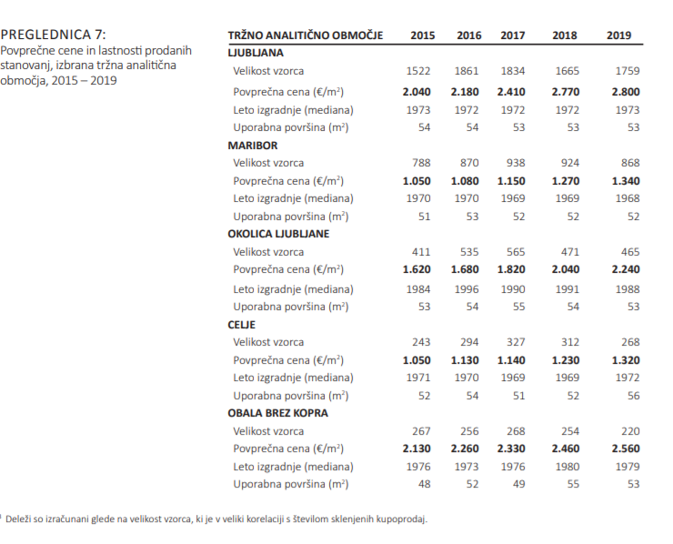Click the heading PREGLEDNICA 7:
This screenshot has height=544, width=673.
53,35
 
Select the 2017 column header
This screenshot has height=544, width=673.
513,35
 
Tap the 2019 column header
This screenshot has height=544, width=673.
618,35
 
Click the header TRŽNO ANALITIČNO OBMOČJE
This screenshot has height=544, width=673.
305,35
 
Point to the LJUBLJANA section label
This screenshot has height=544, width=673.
256,53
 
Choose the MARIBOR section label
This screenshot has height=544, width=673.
253,145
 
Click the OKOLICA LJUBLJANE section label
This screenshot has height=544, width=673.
278,234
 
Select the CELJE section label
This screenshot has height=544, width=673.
242,324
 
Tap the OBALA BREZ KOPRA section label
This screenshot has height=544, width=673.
278,413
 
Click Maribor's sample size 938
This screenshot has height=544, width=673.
516,163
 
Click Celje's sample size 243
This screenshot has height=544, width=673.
421,342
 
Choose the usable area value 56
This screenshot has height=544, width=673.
633,396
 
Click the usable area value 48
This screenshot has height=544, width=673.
424,484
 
